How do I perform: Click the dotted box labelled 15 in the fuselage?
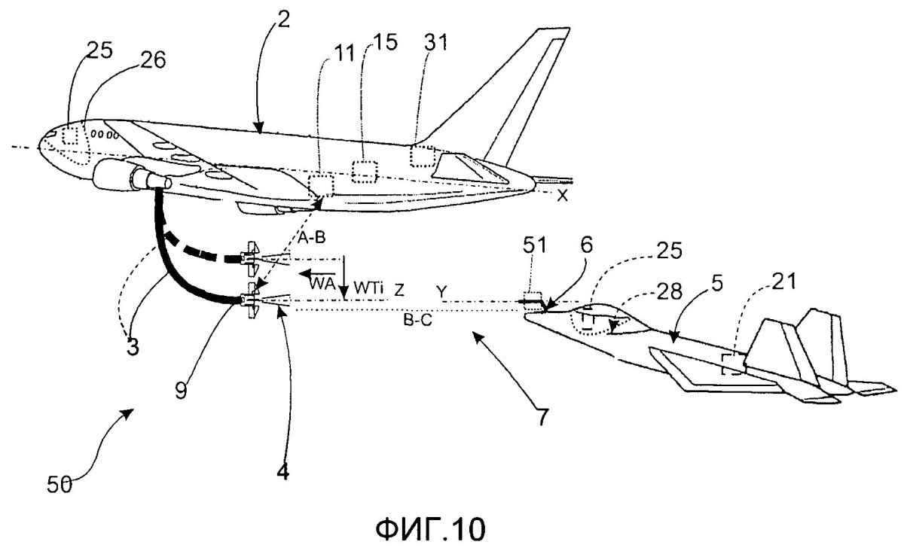point(365,172)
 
